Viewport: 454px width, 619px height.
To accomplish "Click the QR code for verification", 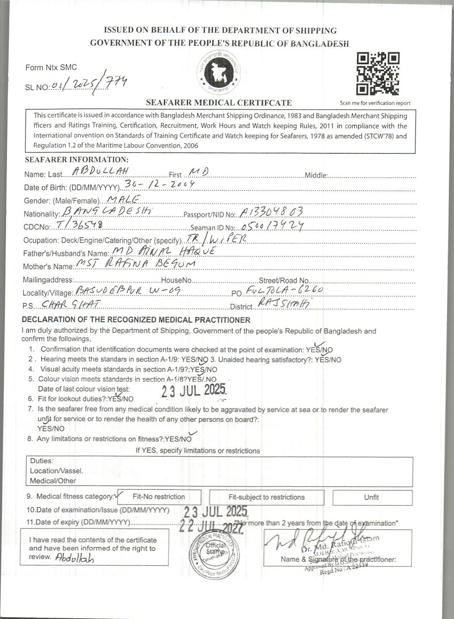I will (x=378, y=74).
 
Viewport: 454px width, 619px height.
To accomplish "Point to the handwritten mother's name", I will (x=136, y=264).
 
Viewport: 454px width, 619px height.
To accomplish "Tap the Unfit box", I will (x=372, y=497).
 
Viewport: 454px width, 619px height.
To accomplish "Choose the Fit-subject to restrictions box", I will (x=266, y=497).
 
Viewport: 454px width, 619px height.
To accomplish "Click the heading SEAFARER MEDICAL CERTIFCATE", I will (x=219, y=103).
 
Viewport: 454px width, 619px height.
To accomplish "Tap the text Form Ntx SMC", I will (x=51, y=68).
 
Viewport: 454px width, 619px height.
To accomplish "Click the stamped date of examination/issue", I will (x=216, y=512).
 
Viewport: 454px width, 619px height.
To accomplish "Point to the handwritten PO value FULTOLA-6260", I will (x=284, y=290).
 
